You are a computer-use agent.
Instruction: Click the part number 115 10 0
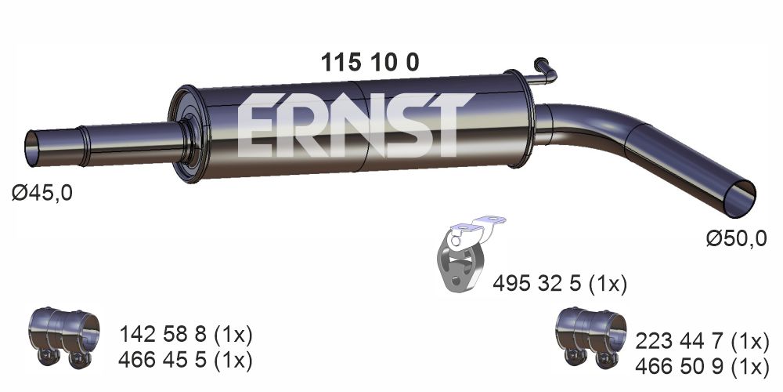click(x=370, y=63)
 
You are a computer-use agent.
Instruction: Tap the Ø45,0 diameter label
click(x=42, y=193)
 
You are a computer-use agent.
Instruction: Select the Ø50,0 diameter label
click(x=736, y=239)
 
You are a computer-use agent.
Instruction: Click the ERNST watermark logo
click(x=355, y=125)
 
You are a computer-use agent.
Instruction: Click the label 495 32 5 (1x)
click(x=559, y=284)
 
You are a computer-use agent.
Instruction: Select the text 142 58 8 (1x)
click(x=186, y=335)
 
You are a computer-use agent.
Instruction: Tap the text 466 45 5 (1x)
click(x=186, y=360)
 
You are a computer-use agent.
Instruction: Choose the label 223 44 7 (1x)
click(x=702, y=342)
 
